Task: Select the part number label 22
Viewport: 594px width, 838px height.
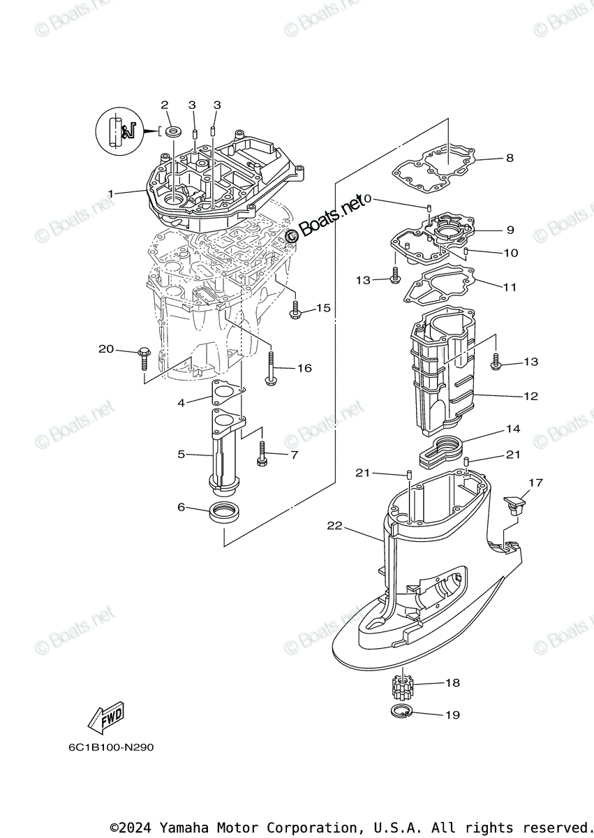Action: pyautogui.click(x=335, y=525)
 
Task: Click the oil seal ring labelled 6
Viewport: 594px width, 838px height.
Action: pyautogui.click(x=225, y=513)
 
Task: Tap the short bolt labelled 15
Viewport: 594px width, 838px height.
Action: pyautogui.click(x=295, y=310)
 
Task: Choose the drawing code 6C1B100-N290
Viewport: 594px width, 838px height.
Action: pyautogui.click(x=111, y=747)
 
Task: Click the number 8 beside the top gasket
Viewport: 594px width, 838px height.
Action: pyautogui.click(x=510, y=158)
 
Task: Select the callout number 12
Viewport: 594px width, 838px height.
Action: pyautogui.click(x=530, y=396)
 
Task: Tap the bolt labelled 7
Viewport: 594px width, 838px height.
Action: pyautogui.click(x=262, y=454)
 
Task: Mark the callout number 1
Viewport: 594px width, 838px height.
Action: pyautogui.click(x=110, y=193)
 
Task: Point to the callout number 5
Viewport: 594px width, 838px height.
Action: pyautogui.click(x=181, y=454)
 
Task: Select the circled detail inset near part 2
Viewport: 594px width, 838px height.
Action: pyautogui.click(x=118, y=131)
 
